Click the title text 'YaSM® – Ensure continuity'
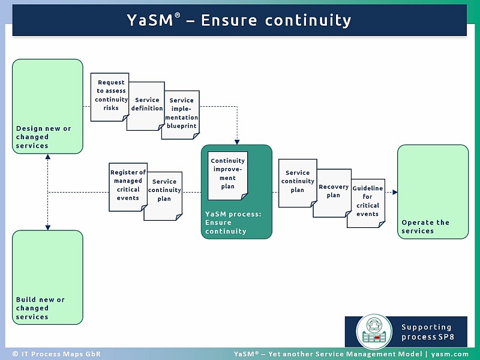tap(239, 20)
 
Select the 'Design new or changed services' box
tap(47, 106)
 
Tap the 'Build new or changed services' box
tap(47, 277)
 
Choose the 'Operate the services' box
tap(433, 191)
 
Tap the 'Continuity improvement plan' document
tap(227, 175)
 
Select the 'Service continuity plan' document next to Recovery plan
tap(297, 182)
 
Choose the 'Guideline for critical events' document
tap(367, 202)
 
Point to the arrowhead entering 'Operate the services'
tap(394, 193)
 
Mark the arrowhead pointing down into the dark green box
tap(237, 142)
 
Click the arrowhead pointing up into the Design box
tap(47, 157)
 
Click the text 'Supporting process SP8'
tap(427, 332)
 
